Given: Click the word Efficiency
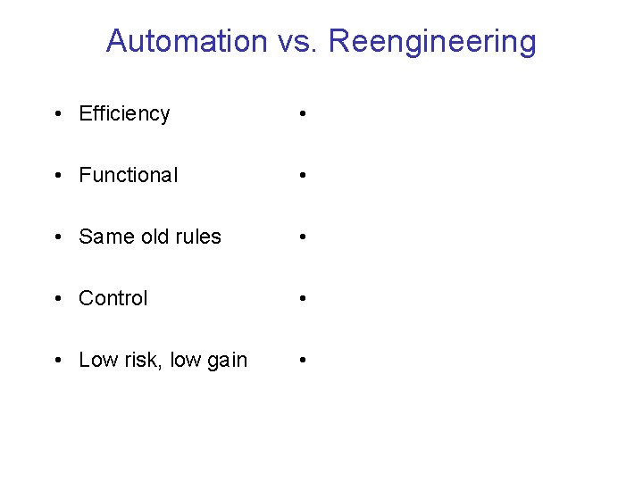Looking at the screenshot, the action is pyautogui.click(x=124, y=114).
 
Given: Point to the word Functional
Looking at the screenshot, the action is pyautogui.click(x=129, y=176).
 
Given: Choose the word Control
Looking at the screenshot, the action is pyautogui.click(x=113, y=299).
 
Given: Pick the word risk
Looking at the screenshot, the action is pyautogui.click(x=138, y=361).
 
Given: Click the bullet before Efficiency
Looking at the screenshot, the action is pyautogui.click(x=57, y=115).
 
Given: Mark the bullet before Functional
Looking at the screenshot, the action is pyautogui.click(x=57, y=177).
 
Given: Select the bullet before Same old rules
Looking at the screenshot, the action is pyautogui.click(x=57, y=238).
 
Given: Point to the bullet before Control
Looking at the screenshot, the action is pyautogui.click(x=57, y=300).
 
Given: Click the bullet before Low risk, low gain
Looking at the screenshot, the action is pyautogui.click(x=57, y=361).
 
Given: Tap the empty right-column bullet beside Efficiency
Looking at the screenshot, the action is pyautogui.click(x=305, y=115).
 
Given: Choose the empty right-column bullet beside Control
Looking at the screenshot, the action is pyautogui.click(x=305, y=300).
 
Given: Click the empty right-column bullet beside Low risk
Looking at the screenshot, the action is pyautogui.click(x=305, y=361).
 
